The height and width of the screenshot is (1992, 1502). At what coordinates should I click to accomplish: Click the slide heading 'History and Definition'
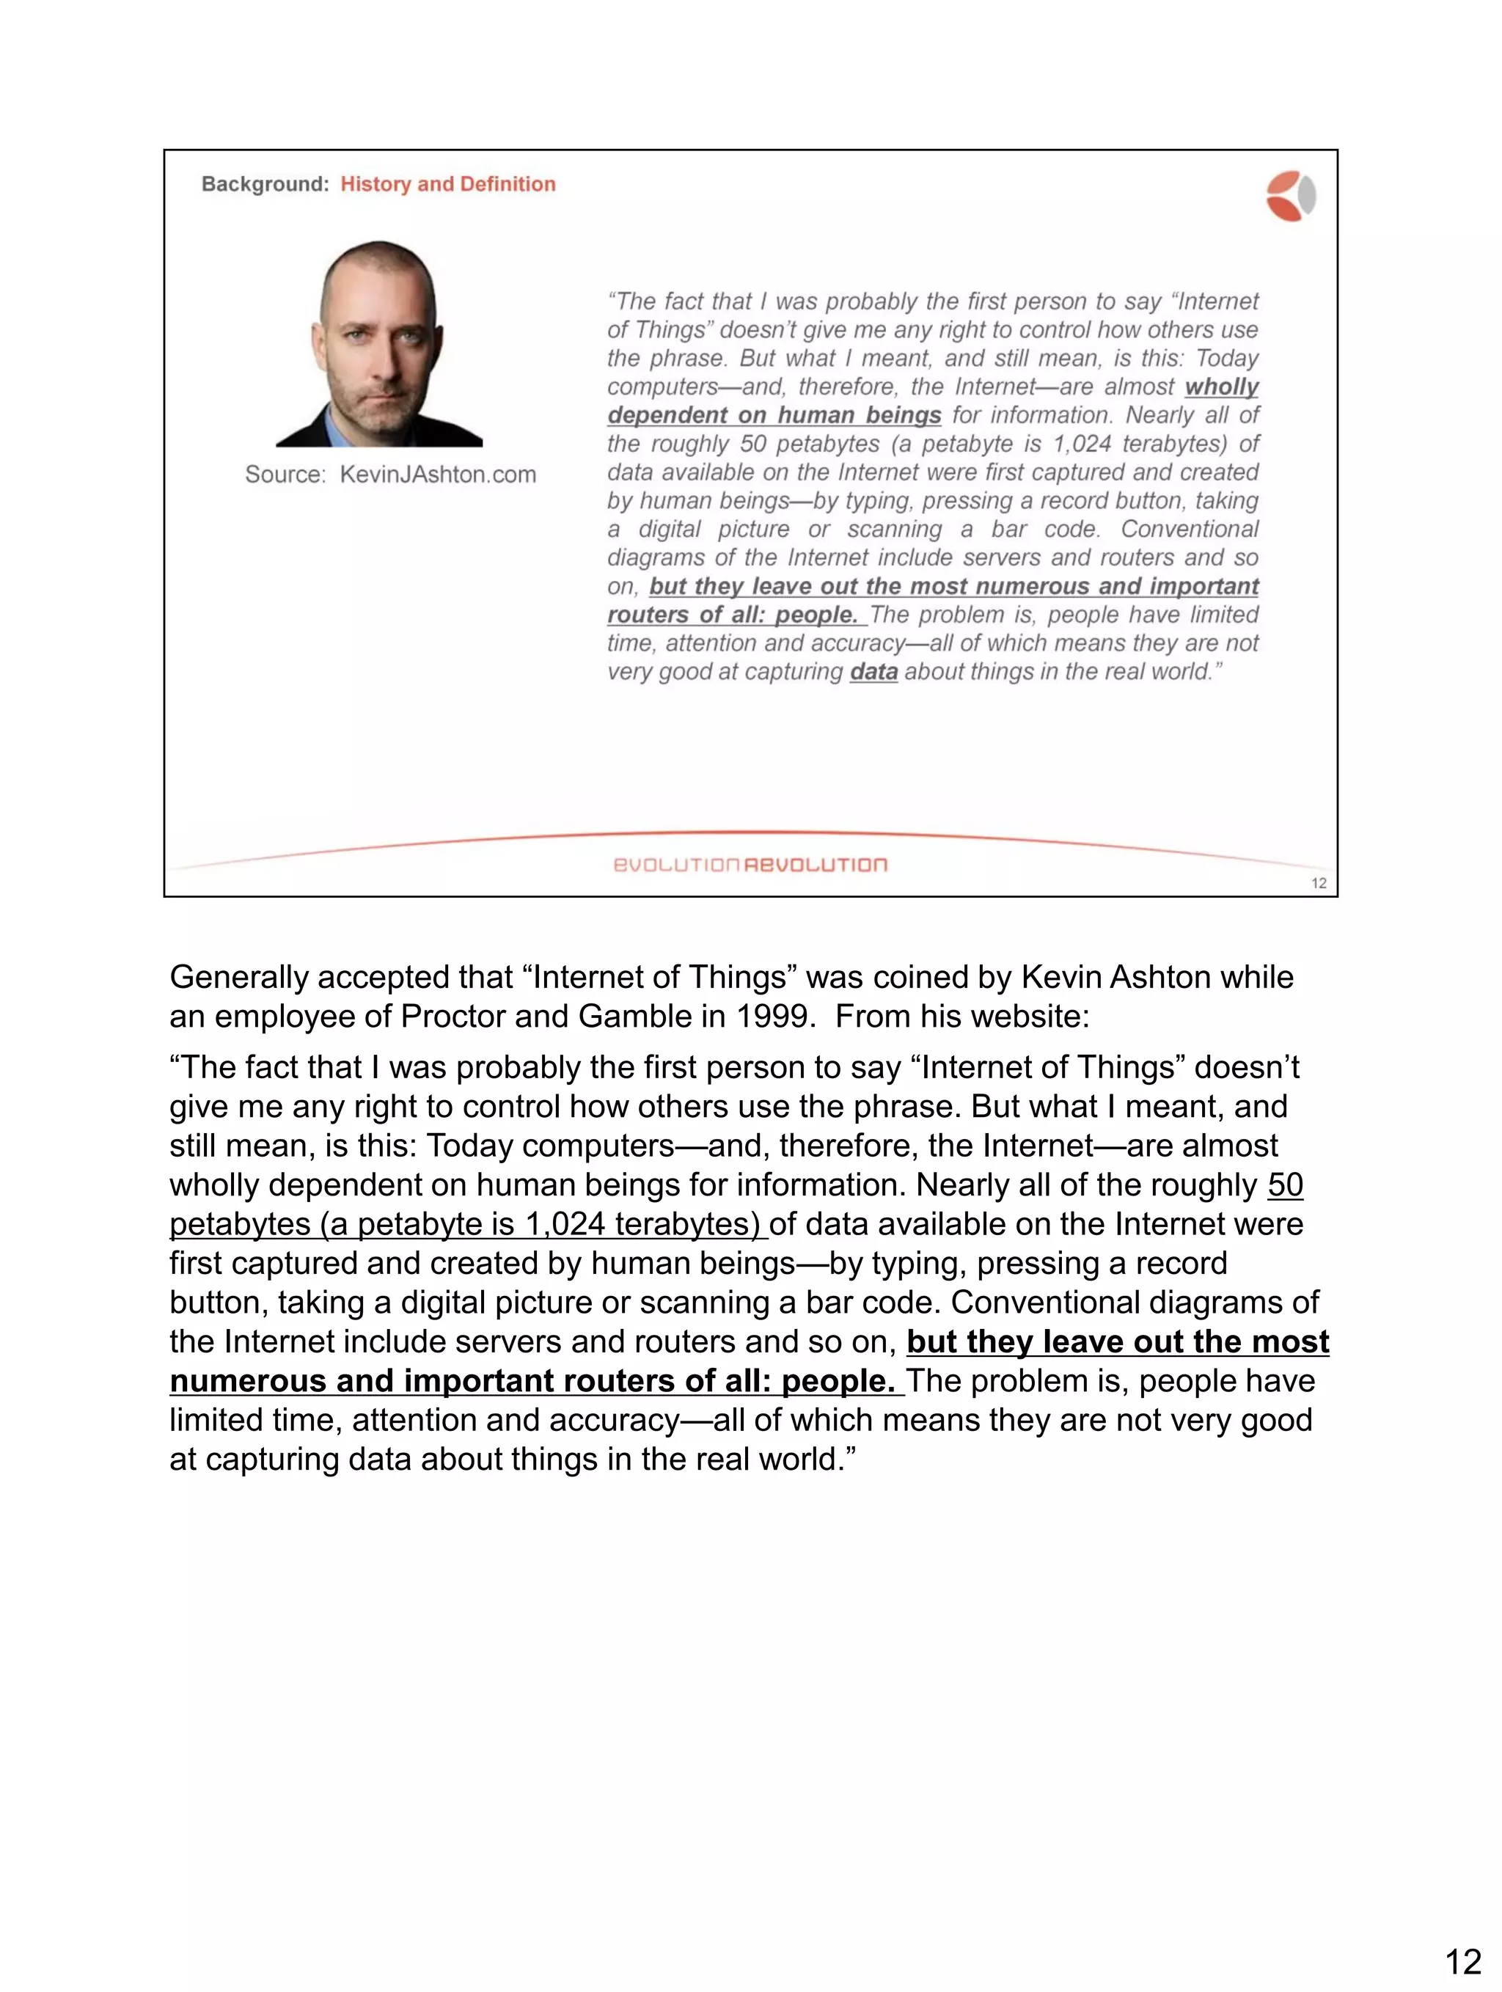click(447, 185)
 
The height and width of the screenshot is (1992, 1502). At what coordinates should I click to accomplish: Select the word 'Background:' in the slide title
click(265, 185)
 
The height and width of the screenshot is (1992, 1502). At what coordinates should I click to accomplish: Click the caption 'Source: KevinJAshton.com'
click(390, 475)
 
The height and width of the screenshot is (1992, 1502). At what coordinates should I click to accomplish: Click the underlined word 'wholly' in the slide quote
click(1221, 387)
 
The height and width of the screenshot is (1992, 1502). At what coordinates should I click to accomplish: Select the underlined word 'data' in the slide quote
click(873, 672)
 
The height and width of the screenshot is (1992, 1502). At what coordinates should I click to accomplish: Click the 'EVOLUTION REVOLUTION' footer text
click(750, 865)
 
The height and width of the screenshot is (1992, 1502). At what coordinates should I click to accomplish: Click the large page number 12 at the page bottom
click(1462, 1960)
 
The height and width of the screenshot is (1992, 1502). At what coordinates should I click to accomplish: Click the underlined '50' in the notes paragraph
click(1285, 1185)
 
